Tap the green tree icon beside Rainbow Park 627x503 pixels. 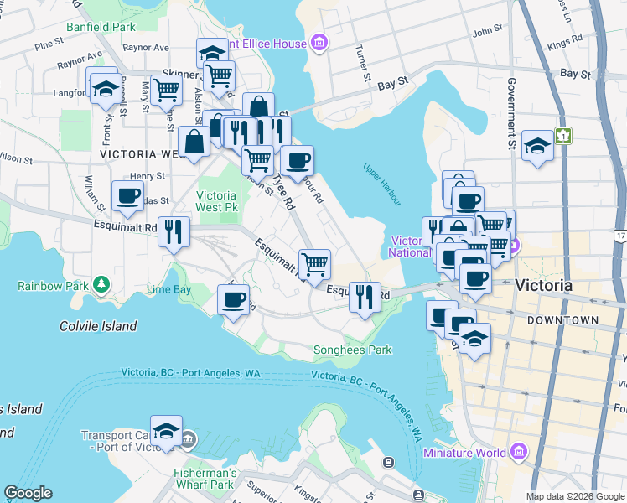[x=101, y=285]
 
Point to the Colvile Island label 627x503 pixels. [x=98, y=326]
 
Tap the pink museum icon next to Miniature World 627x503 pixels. [x=518, y=454]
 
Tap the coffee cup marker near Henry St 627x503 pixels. [x=127, y=197]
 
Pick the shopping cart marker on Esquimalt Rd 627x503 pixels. [x=314, y=265]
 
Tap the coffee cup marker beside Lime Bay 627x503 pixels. [x=233, y=298]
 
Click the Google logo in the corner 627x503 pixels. [x=28, y=493]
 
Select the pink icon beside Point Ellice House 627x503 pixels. [x=318, y=42]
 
